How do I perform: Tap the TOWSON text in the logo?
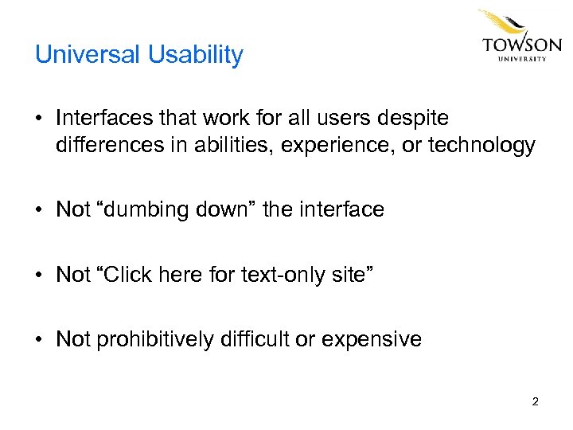521,45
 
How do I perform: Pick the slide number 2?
535,401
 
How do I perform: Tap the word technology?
481,145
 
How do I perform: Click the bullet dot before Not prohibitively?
39,340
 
